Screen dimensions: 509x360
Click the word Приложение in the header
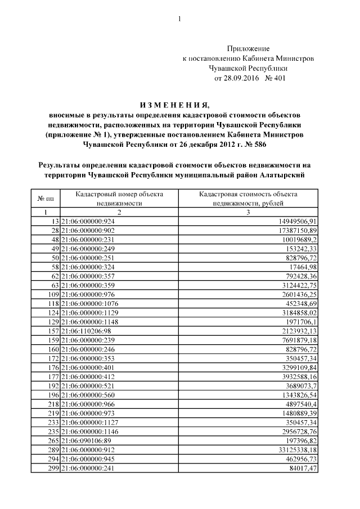[248, 49]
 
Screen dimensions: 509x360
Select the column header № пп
[46, 198]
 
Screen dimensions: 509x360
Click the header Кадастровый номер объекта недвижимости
[119, 198]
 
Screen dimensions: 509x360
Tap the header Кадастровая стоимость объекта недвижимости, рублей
[248, 198]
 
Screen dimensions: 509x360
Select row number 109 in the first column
[52, 294]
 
